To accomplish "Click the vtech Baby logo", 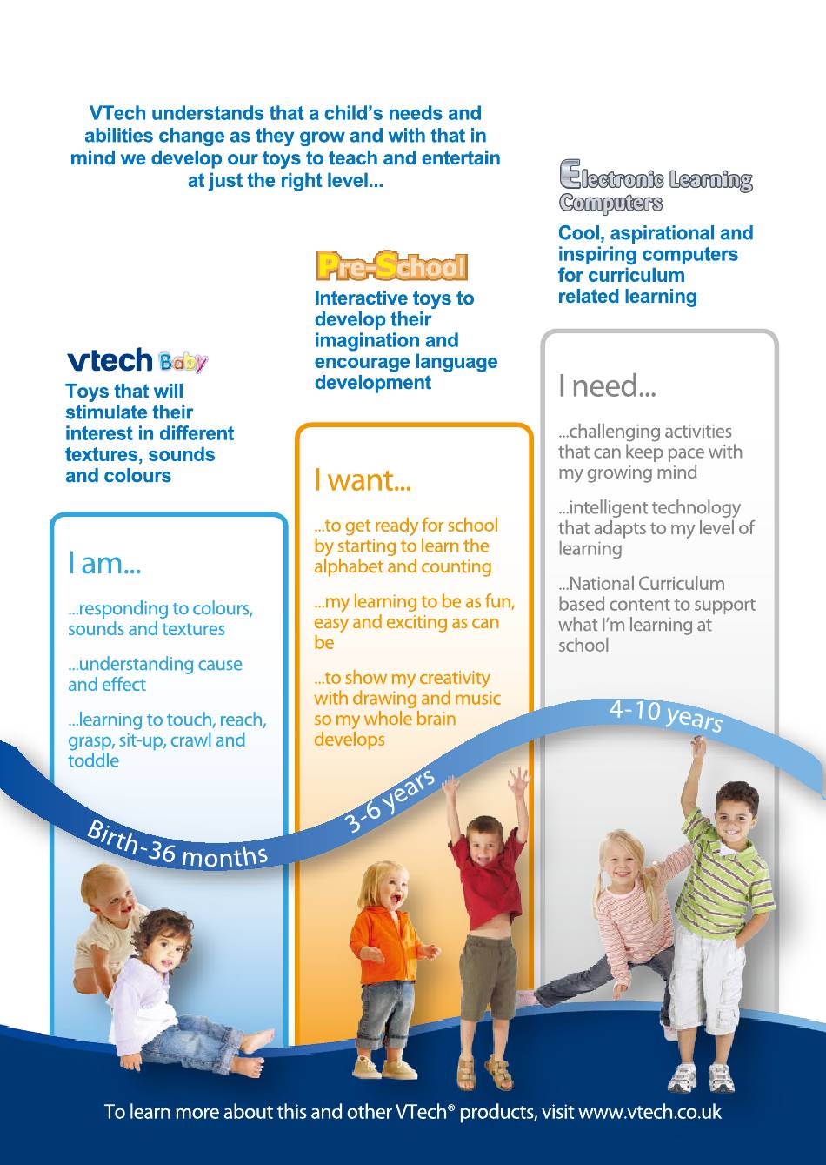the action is click(137, 361).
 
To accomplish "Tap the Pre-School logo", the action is click(392, 266).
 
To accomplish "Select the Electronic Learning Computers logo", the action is click(656, 186).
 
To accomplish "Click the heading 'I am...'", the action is click(104, 563).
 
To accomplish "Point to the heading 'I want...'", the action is click(363, 479).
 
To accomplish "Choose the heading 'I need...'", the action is click(607, 385).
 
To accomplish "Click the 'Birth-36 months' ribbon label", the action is click(177, 846).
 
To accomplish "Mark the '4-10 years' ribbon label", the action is click(666, 714).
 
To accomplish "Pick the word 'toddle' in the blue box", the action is click(94, 761).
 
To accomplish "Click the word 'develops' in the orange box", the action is click(350, 740).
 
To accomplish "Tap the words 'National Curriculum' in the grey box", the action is click(642, 584).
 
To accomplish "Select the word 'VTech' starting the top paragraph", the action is click(117, 113).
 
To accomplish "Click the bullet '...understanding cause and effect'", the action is click(155, 674).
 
